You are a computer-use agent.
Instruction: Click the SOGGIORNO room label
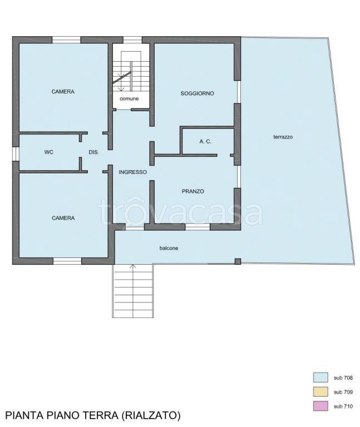197,93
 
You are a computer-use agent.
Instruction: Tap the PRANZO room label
193,191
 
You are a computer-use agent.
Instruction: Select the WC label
49,152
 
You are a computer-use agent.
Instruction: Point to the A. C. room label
205,142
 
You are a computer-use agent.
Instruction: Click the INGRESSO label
133,172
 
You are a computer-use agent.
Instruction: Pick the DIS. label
93,152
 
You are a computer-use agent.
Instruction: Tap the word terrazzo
283,137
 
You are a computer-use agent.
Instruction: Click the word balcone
169,248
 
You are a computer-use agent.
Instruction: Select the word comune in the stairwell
129,98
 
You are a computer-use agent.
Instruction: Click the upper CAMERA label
63,92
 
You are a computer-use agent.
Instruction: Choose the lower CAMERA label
63,218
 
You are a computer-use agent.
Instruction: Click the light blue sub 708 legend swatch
320,378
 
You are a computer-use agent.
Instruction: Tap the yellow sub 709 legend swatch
320,391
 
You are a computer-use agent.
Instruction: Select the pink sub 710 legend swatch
320,406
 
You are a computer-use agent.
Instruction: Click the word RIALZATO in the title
149,415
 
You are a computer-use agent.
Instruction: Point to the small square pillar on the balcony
238,261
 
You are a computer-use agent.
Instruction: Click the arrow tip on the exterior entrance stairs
133,265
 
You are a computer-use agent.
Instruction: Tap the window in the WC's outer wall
16,154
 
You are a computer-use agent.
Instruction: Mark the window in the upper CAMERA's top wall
66,40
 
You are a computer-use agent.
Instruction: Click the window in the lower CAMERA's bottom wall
67,261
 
